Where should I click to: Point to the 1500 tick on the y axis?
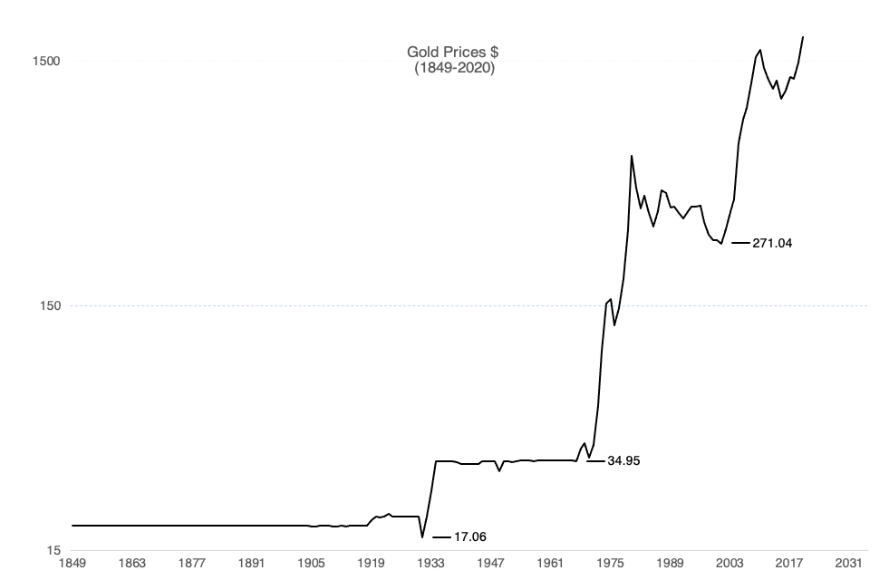[x=46, y=62]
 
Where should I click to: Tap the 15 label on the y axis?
[x=53, y=550]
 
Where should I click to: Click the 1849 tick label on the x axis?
[x=72, y=564]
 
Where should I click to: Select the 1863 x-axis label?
[x=131, y=564]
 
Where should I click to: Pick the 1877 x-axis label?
[x=191, y=564]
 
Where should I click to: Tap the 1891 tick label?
[x=251, y=564]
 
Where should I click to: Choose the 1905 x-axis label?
[x=311, y=564]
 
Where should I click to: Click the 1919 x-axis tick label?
[x=371, y=564]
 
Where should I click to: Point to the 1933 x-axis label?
[x=430, y=564]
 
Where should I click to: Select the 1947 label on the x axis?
[x=490, y=564]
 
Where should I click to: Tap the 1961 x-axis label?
[x=550, y=564]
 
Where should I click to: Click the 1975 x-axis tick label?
[x=610, y=564]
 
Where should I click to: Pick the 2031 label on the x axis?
[x=849, y=564]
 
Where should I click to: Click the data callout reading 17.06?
[x=469, y=537]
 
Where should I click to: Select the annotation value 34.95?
[x=623, y=461]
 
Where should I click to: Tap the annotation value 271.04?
[x=772, y=244]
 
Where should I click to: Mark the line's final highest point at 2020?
[x=803, y=37]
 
